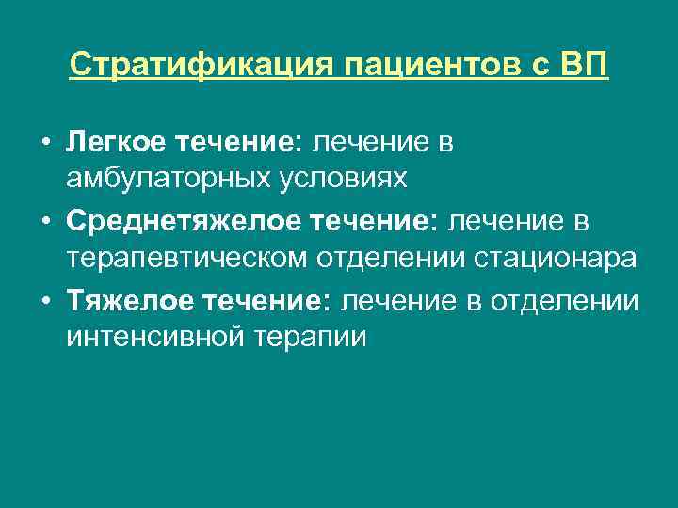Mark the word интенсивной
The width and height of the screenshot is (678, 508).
[150, 336]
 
